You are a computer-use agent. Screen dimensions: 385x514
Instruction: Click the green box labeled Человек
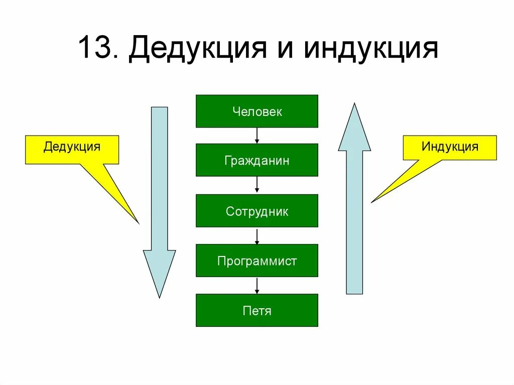pyautogui.click(x=256, y=111)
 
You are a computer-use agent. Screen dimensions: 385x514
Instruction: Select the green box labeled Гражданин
pyautogui.click(x=256, y=160)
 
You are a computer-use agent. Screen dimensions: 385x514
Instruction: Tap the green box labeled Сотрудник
pyautogui.click(x=256, y=211)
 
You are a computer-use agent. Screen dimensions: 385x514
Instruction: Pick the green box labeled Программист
pyautogui.click(x=256, y=261)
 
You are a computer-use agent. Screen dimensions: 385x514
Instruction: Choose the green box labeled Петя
pyautogui.click(x=256, y=310)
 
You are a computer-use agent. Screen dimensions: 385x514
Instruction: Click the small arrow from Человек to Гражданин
pyautogui.click(x=257, y=136)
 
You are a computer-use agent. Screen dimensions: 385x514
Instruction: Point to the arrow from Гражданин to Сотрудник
pyautogui.click(x=257, y=185)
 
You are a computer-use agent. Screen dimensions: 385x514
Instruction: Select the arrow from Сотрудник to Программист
pyautogui.click(x=257, y=236)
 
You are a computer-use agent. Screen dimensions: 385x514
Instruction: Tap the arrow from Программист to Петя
pyautogui.click(x=257, y=285)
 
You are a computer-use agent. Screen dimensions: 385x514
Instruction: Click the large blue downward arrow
pyautogui.click(x=160, y=201)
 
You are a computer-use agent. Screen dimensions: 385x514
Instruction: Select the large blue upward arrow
pyautogui.click(x=354, y=201)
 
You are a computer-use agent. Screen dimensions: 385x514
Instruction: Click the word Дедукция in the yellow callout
pyautogui.click(x=72, y=147)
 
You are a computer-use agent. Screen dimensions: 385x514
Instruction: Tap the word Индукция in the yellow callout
pyautogui.click(x=450, y=147)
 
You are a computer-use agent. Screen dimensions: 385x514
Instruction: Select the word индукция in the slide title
pyautogui.click(x=370, y=49)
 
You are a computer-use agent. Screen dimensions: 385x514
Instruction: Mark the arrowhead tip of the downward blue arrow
pyautogui.click(x=160, y=298)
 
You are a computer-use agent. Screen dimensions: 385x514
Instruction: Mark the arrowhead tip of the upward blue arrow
pyautogui.click(x=354, y=104)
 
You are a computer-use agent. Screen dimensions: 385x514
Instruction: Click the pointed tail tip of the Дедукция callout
pyautogui.click(x=138, y=222)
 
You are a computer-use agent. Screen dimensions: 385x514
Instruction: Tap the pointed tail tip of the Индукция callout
pyautogui.click(x=371, y=202)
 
